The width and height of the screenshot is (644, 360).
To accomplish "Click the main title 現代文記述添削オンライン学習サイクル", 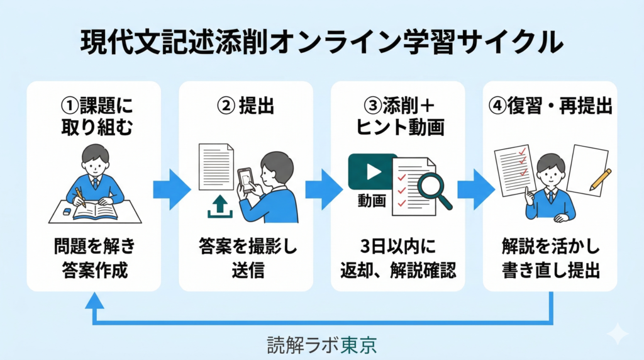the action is click(x=321, y=42).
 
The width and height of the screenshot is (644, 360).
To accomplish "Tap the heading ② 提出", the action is click(x=246, y=106).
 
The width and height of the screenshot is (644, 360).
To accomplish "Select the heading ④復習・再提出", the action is click(x=550, y=106).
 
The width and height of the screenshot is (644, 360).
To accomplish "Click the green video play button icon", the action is click(x=372, y=172).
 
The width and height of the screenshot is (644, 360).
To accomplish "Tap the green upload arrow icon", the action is click(x=219, y=206).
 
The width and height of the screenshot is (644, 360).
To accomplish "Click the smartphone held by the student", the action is click(x=245, y=180).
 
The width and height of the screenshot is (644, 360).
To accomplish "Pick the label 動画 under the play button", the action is click(x=372, y=201).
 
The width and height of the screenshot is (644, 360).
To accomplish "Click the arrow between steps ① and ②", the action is click(x=172, y=189).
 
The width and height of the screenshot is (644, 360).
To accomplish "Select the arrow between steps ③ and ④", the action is click(x=476, y=189).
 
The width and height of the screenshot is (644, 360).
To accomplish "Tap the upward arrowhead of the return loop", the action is click(x=95, y=300).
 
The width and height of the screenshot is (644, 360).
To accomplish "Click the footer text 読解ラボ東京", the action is click(x=321, y=345).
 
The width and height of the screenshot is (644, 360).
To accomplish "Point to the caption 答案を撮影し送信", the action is click(x=248, y=258).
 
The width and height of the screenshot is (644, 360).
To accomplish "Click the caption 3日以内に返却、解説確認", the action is click(x=398, y=258).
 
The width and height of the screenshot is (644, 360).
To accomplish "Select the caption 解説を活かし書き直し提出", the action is click(x=550, y=258).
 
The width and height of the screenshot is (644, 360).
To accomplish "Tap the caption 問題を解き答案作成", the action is click(x=95, y=258).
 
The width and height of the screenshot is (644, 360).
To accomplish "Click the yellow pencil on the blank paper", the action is click(x=601, y=179).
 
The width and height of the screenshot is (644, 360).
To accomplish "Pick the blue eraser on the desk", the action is click(x=67, y=211).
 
